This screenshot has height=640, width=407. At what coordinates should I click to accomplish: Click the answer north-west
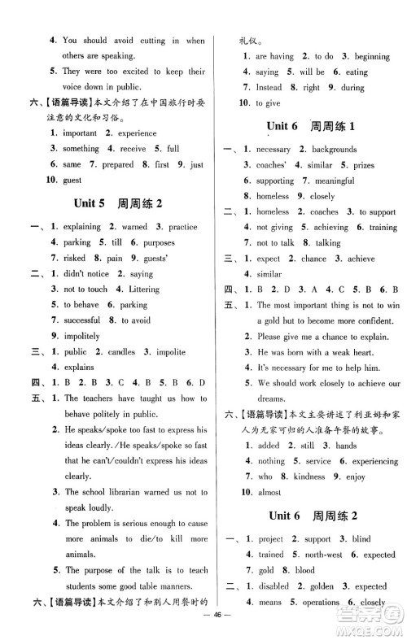coord(322,555)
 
